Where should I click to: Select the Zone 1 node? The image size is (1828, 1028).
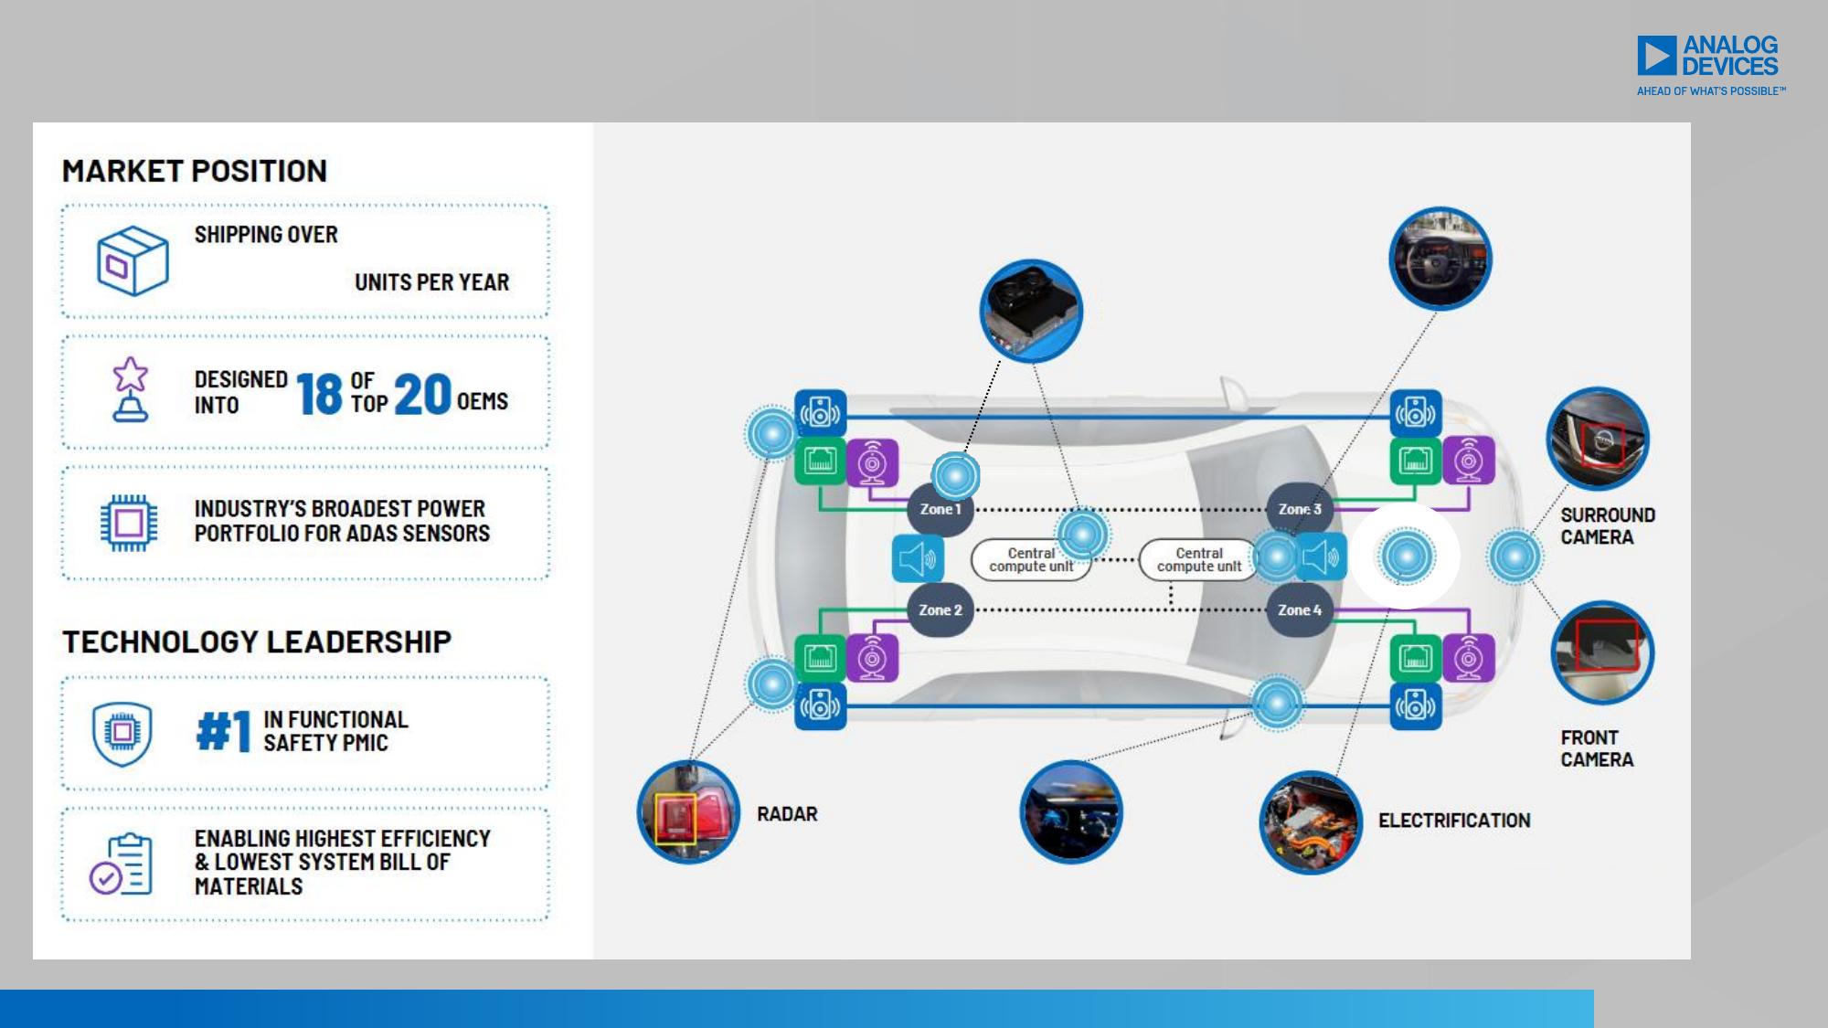(x=940, y=509)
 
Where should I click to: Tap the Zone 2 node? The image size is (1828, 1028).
(x=940, y=609)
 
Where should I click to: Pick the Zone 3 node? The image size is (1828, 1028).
(x=1300, y=509)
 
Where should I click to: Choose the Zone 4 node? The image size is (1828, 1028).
(x=1300, y=609)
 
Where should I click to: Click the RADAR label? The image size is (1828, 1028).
(x=787, y=814)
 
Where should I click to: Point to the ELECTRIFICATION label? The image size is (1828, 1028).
(x=1454, y=821)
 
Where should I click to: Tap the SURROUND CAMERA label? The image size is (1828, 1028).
(x=1608, y=526)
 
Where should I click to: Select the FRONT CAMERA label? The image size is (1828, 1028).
(x=1597, y=748)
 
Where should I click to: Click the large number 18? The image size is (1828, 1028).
(x=319, y=394)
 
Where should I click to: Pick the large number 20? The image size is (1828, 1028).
(x=422, y=394)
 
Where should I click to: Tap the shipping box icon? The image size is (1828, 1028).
(x=133, y=260)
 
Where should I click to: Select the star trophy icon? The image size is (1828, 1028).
(x=131, y=389)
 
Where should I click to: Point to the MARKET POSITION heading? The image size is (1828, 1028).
(x=195, y=171)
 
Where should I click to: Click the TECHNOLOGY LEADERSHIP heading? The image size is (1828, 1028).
(x=257, y=641)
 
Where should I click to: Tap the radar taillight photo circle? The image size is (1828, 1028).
(x=688, y=812)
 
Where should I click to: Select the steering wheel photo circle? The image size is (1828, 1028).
(x=1440, y=259)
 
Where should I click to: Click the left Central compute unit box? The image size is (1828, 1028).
(x=1031, y=559)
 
